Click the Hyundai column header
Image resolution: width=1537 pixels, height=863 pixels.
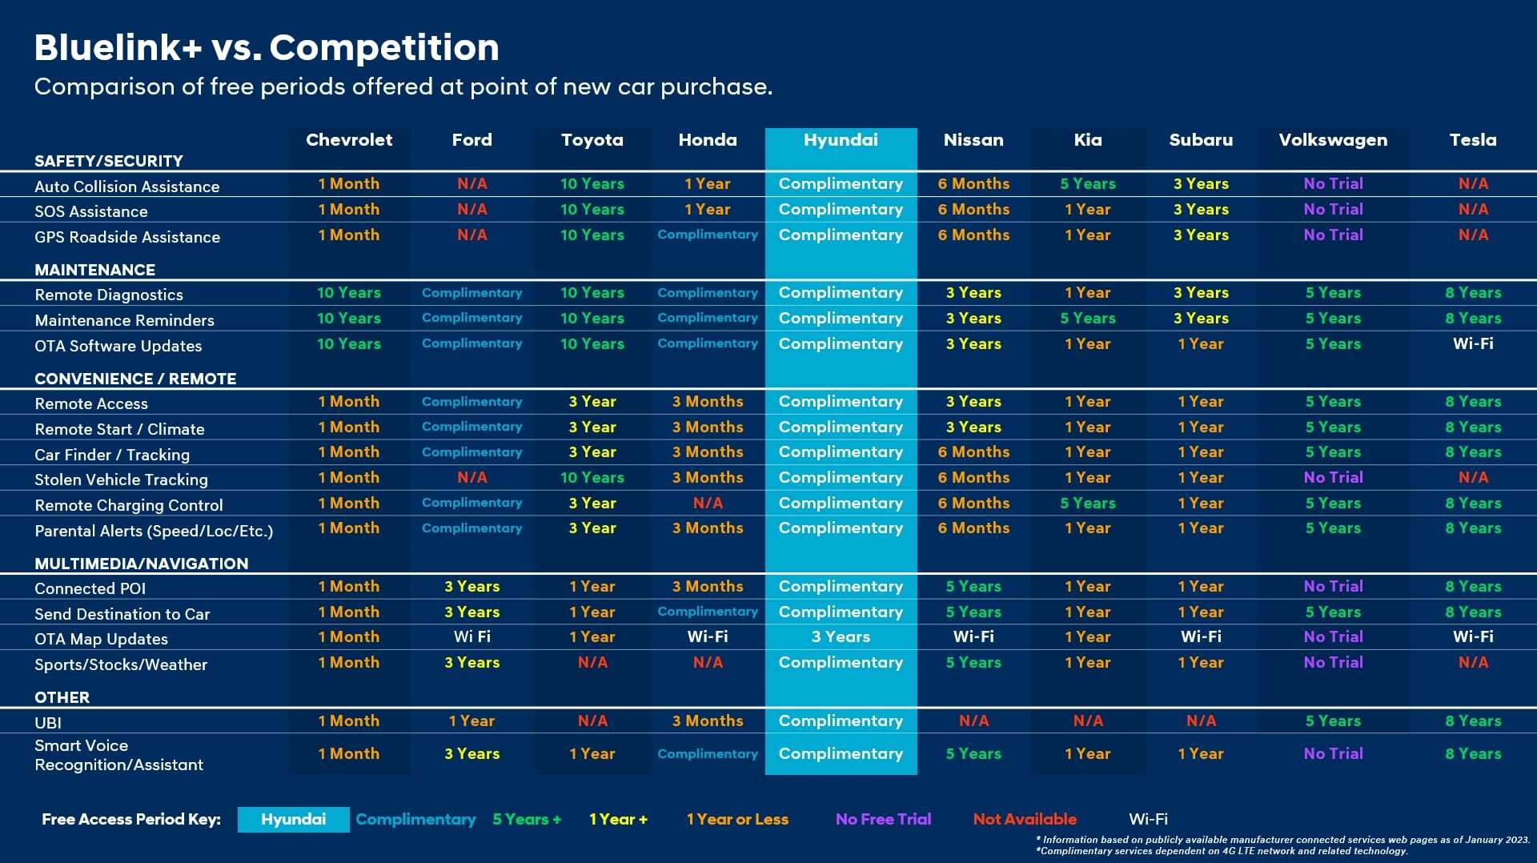click(841, 140)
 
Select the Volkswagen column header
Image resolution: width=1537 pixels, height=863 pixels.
click(1333, 140)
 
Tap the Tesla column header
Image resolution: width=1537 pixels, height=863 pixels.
click(1472, 140)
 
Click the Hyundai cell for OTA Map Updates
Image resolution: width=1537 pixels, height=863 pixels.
click(841, 637)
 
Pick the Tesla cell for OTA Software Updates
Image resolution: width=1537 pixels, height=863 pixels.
click(1472, 344)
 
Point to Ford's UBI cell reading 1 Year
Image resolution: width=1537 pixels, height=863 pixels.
click(472, 721)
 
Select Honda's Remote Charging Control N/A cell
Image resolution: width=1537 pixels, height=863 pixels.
click(708, 504)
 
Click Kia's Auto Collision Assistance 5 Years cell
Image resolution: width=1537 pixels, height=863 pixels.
click(1087, 184)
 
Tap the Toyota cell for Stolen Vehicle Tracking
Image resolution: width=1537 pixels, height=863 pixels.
click(592, 478)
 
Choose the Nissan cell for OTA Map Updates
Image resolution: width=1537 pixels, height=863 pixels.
click(973, 637)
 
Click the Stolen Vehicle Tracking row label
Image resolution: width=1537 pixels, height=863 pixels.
click(121, 480)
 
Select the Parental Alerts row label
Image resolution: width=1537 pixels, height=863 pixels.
click(154, 531)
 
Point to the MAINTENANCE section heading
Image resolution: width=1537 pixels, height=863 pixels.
click(94, 270)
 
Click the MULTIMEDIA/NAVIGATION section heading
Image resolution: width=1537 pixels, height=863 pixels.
click(141, 564)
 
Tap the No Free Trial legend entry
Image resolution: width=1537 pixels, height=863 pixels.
click(883, 820)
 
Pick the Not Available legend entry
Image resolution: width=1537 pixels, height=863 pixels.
click(1025, 820)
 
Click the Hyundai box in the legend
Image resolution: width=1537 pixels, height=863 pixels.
click(293, 820)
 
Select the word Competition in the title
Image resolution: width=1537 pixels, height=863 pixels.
click(384, 48)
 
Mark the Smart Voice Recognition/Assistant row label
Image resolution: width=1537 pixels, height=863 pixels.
click(118, 755)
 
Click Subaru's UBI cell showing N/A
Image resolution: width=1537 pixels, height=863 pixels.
click(1201, 721)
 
